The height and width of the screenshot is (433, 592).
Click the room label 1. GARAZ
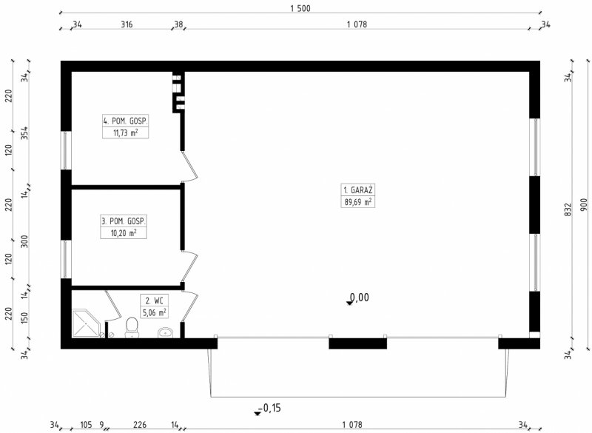tap(358, 190)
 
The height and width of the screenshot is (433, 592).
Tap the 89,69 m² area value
tap(358, 202)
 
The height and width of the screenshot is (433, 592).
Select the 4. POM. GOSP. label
tap(125, 121)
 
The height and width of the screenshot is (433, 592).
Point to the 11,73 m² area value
tap(125, 132)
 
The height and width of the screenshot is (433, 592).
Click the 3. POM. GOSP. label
tap(124, 221)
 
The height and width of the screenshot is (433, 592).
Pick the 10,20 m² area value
tap(124, 232)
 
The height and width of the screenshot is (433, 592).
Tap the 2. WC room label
tap(155, 301)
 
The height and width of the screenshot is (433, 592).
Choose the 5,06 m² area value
tap(155, 312)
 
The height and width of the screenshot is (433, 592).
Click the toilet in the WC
tap(132, 327)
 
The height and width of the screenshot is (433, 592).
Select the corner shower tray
tap(86, 323)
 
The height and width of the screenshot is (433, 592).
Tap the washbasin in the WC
tap(165, 332)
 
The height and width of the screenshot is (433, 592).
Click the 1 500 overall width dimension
tap(300, 8)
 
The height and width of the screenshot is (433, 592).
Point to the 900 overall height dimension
tap(584, 204)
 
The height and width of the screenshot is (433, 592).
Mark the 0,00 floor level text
tap(360, 298)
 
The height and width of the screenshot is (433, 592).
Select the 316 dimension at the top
tap(127, 24)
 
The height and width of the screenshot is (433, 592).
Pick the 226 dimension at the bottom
tap(140, 425)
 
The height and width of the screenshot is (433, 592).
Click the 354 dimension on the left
tap(24, 133)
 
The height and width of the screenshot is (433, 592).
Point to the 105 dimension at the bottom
tap(86, 425)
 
